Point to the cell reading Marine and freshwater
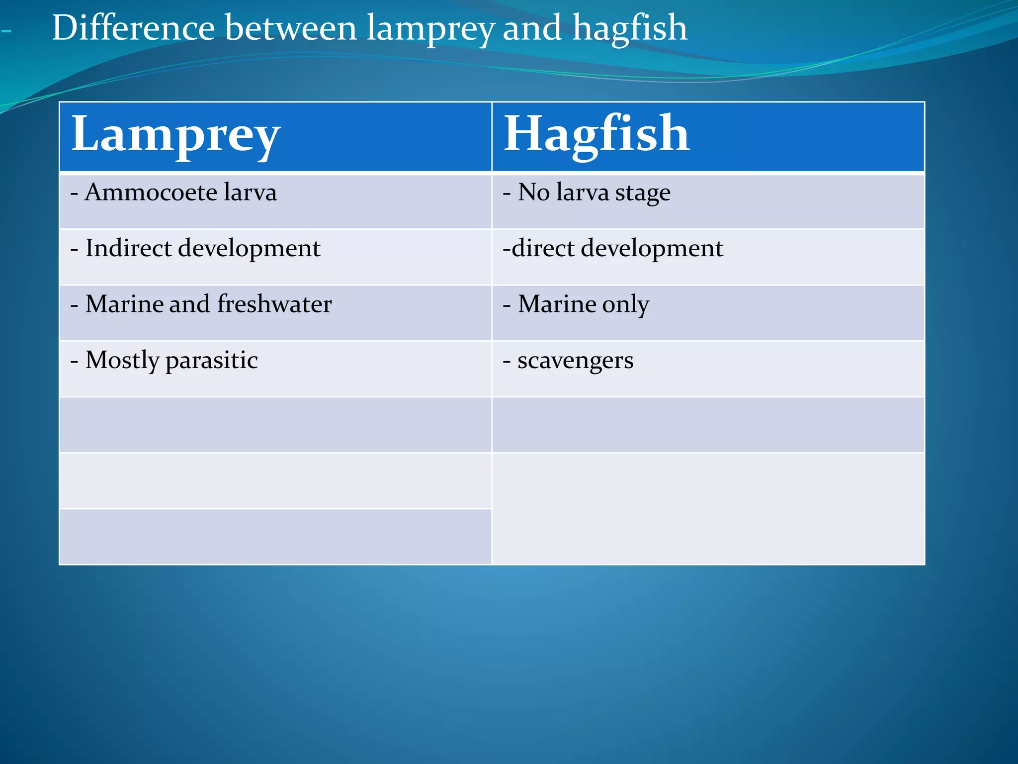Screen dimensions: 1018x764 click(275, 313)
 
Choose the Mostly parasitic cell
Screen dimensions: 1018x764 click(275, 369)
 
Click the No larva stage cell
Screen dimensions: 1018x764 click(708, 201)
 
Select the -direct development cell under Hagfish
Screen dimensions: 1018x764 click(708, 257)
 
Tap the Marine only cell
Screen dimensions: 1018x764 click(708, 313)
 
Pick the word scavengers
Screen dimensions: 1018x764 click(575, 361)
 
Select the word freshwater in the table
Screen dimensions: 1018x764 click(274, 304)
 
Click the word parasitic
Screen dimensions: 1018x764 click(212, 360)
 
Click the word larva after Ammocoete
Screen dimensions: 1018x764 click(250, 192)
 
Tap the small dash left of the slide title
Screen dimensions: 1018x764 click(6, 31)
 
